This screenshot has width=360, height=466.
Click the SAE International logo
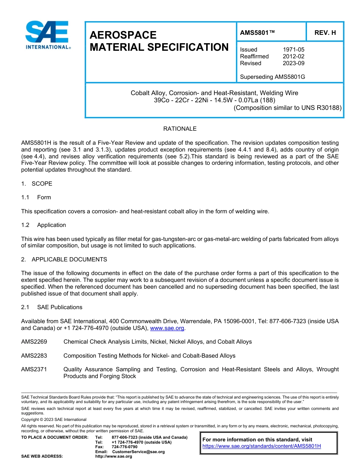tap(47, 35)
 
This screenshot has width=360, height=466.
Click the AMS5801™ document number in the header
tap(257, 33)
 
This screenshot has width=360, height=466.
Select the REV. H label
tap(325, 33)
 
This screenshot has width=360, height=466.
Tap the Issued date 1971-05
tap(293, 50)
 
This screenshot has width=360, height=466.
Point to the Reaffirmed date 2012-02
tap(293, 56)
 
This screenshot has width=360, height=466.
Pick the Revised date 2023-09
tap(293, 63)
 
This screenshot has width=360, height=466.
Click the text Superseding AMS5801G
tap(272, 77)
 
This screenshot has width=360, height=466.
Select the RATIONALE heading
tap(180, 129)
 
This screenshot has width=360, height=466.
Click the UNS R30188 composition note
tap(288, 108)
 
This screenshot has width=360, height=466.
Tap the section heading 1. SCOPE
tap(37, 184)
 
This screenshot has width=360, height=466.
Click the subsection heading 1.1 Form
tap(36, 197)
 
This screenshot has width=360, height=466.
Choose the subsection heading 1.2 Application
tap(44, 225)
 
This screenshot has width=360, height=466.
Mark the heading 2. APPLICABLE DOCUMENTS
tap(64, 260)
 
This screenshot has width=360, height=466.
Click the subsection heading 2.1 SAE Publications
tap(52, 307)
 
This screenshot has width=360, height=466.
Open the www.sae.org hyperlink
tap(167, 328)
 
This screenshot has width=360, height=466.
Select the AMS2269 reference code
tap(34, 342)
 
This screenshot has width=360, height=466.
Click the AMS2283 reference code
tap(34, 356)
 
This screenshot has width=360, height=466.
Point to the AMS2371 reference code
tap(34, 369)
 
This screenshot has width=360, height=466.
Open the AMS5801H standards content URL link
tap(261, 446)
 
